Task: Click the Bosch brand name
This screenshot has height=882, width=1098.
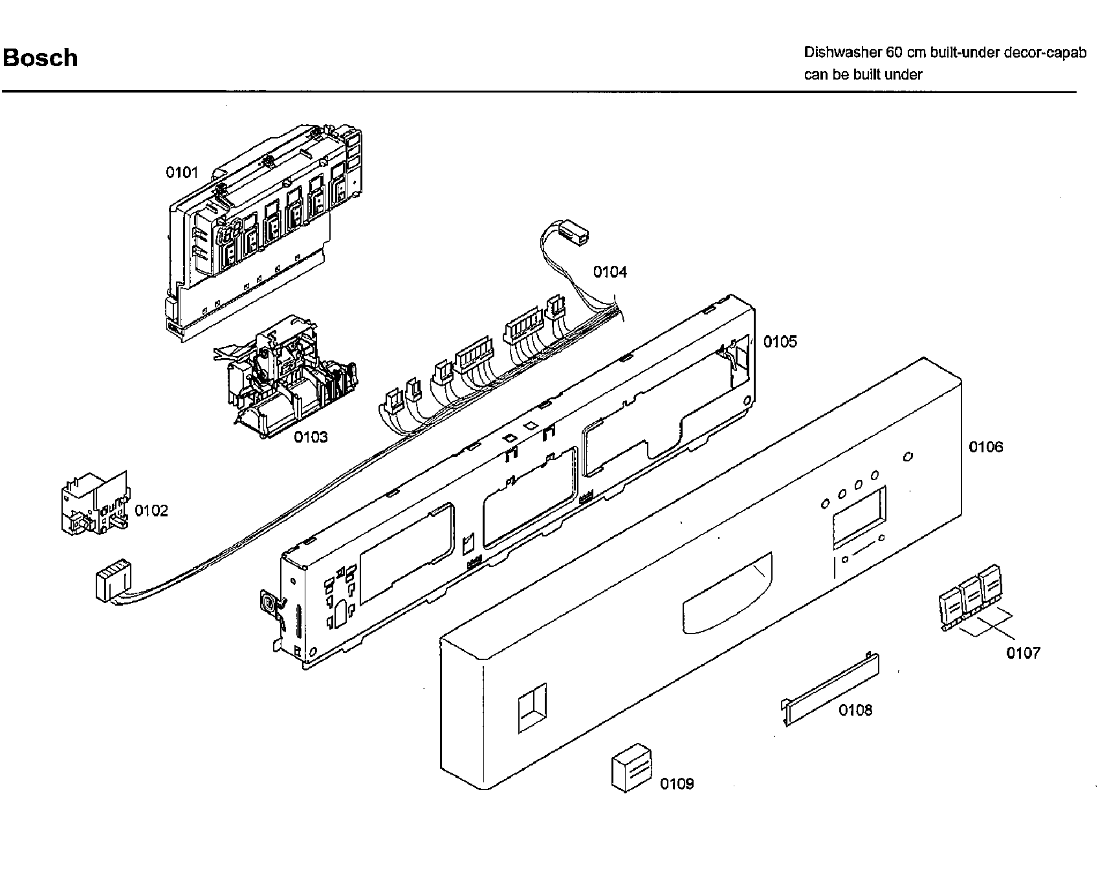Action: [40, 58]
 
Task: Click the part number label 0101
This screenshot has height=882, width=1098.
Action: [182, 172]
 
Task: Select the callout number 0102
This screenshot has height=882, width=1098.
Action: [151, 511]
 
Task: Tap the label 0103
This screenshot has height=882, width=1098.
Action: [311, 437]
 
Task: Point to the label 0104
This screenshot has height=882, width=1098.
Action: [610, 272]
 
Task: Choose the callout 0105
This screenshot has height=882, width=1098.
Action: [780, 342]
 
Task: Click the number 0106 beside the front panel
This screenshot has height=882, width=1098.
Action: [985, 447]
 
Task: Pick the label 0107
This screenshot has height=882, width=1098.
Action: [1023, 653]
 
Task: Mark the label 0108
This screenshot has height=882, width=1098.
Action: [855, 710]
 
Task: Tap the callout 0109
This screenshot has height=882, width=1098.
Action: [677, 784]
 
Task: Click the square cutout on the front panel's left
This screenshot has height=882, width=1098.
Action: [532, 708]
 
